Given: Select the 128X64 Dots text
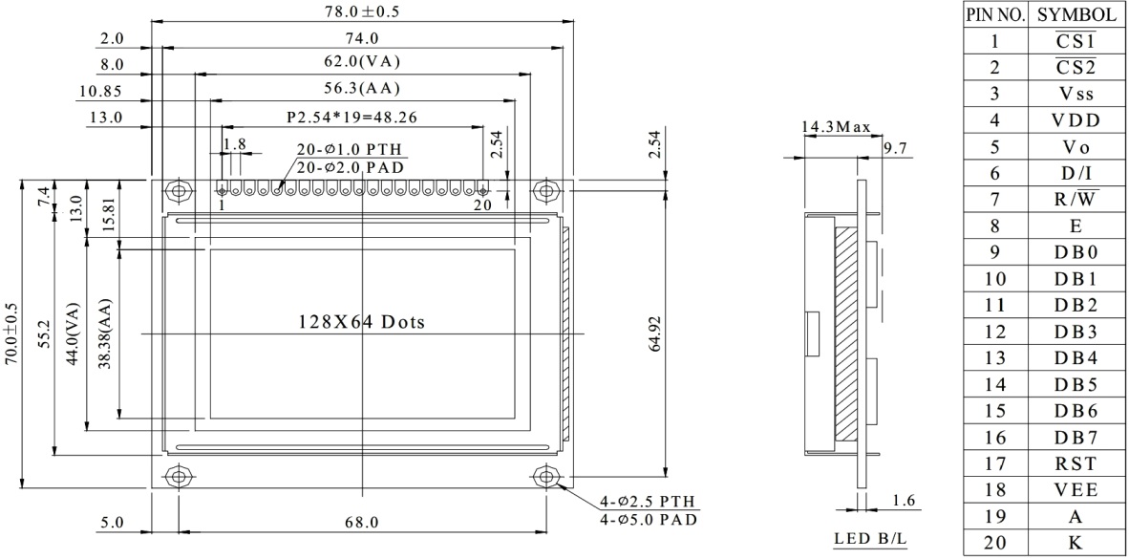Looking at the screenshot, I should (362, 322).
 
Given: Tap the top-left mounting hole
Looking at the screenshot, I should (177, 191).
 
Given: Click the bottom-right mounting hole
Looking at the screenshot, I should (545, 476).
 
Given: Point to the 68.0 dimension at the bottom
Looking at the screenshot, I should (361, 522).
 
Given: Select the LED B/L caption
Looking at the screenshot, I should (869, 539).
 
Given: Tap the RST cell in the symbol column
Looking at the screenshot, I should (1076, 463).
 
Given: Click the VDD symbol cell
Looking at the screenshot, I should (1076, 120).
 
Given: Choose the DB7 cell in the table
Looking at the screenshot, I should (1076, 438).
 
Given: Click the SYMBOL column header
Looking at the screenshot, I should (1076, 15).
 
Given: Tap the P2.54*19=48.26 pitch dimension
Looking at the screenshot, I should (352, 118).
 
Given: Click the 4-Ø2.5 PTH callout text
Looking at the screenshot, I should (649, 503).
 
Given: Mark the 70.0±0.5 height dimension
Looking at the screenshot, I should (11, 334).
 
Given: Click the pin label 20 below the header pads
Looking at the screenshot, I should (482, 204).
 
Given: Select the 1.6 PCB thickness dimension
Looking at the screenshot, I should (903, 501).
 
